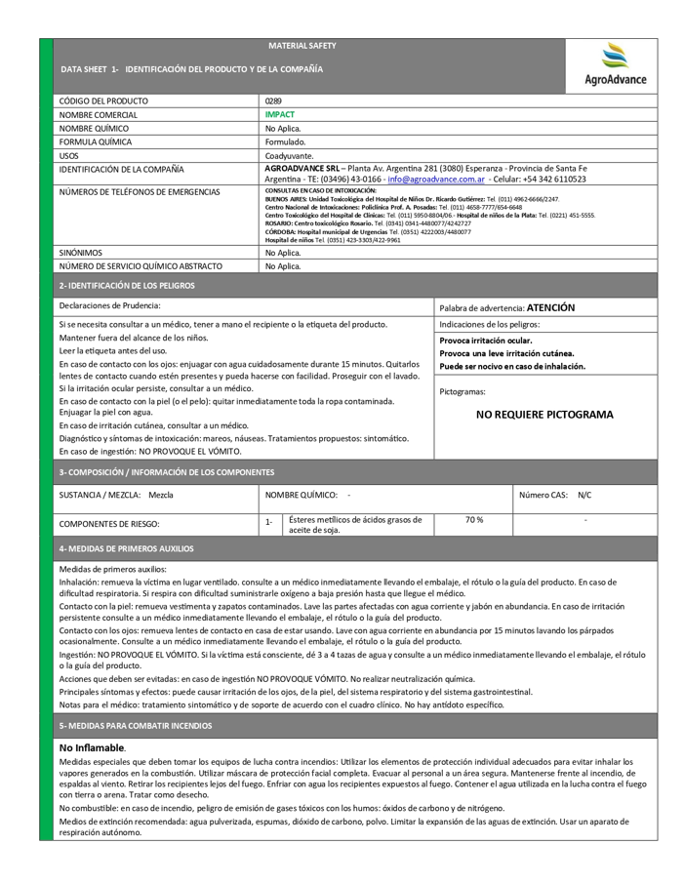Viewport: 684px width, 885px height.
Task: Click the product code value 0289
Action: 273,101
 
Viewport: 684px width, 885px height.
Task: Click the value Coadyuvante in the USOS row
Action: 290,155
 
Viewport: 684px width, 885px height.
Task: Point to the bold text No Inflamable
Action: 93,747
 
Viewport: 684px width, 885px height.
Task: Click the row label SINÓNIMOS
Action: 81,252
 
